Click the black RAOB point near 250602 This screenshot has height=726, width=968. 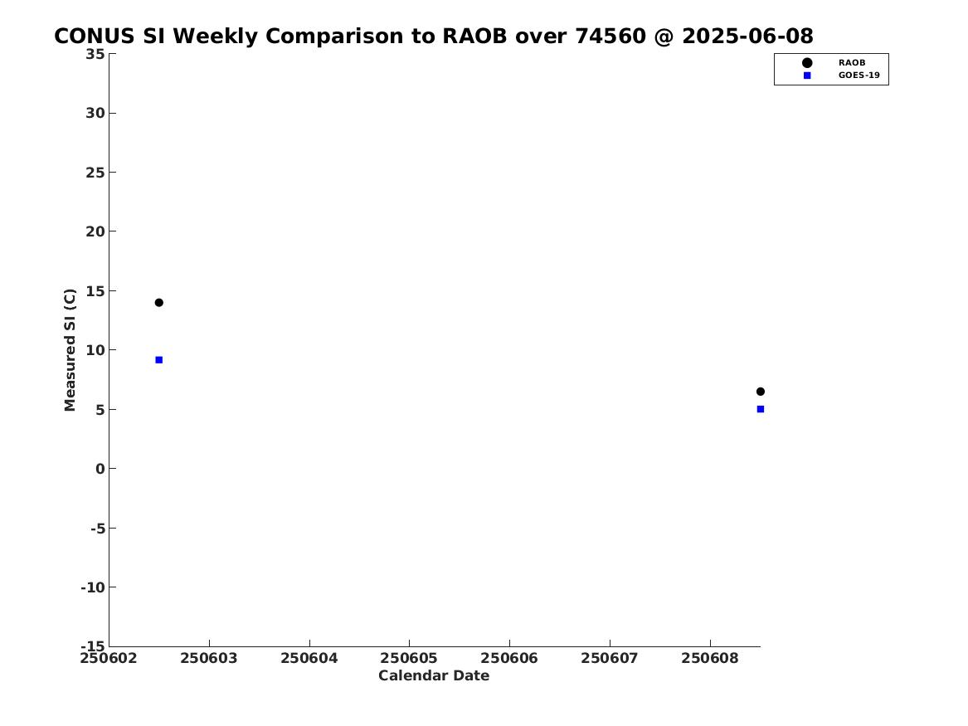click(x=158, y=303)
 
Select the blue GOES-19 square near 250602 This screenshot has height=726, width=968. click(x=158, y=360)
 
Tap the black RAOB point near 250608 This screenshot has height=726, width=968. click(x=761, y=392)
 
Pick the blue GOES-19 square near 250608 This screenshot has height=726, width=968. click(x=761, y=409)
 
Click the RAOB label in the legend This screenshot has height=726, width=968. click(x=852, y=63)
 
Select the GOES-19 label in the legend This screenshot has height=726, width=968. click(x=859, y=76)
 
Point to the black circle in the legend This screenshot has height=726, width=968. click(x=807, y=63)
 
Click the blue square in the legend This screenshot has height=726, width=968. click(x=807, y=76)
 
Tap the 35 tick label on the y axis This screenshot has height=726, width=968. click(x=95, y=54)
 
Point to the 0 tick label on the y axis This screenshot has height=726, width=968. click(x=100, y=469)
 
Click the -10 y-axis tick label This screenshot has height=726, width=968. click(x=93, y=587)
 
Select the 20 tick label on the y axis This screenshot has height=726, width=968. click(x=95, y=231)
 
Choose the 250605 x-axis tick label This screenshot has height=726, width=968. click(x=409, y=659)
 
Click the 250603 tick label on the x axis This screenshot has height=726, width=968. click(x=209, y=659)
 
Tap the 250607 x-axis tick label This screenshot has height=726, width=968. click(x=610, y=659)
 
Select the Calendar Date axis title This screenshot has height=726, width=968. click(x=434, y=676)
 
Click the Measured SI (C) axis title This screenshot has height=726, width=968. click(x=70, y=350)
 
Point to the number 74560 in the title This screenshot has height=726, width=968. click(x=610, y=37)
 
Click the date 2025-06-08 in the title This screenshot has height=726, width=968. click(x=747, y=37)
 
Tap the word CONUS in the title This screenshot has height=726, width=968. click(x=95, y=37)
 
